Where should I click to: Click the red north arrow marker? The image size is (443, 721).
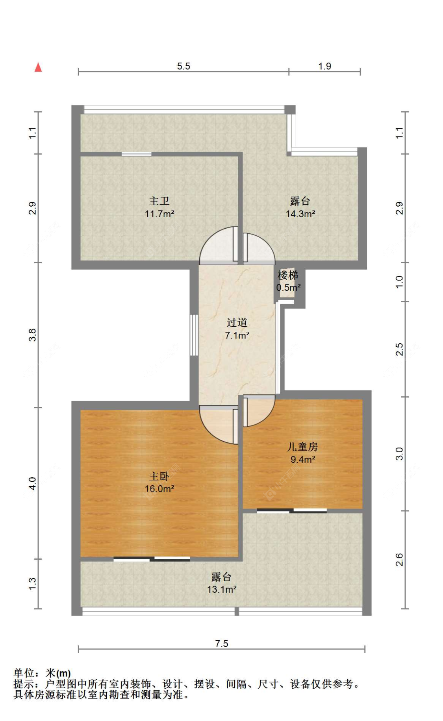pos(38,67)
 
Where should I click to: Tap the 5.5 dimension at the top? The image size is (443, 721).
pos(184,66)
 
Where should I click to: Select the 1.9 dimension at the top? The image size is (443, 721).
pos(325,66)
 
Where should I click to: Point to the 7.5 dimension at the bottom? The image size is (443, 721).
pos(222,643)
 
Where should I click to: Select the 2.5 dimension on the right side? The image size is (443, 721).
pos(399,349)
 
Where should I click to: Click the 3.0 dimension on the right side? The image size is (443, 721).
pos(399,454)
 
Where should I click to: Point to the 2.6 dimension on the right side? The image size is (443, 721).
pos(399,560)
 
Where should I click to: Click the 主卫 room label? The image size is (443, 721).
pos(159,201)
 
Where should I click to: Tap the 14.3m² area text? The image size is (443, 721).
pos(300,214)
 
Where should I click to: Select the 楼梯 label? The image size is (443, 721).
pos(288,275)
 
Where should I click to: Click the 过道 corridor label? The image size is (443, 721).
pos(237,323)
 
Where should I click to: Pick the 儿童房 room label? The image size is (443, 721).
pos(302,447)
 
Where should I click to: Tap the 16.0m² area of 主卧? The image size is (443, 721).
pos(159,489)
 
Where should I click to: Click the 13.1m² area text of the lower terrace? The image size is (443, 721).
pos(222,589)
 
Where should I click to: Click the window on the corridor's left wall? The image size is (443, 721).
pos(194,335)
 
